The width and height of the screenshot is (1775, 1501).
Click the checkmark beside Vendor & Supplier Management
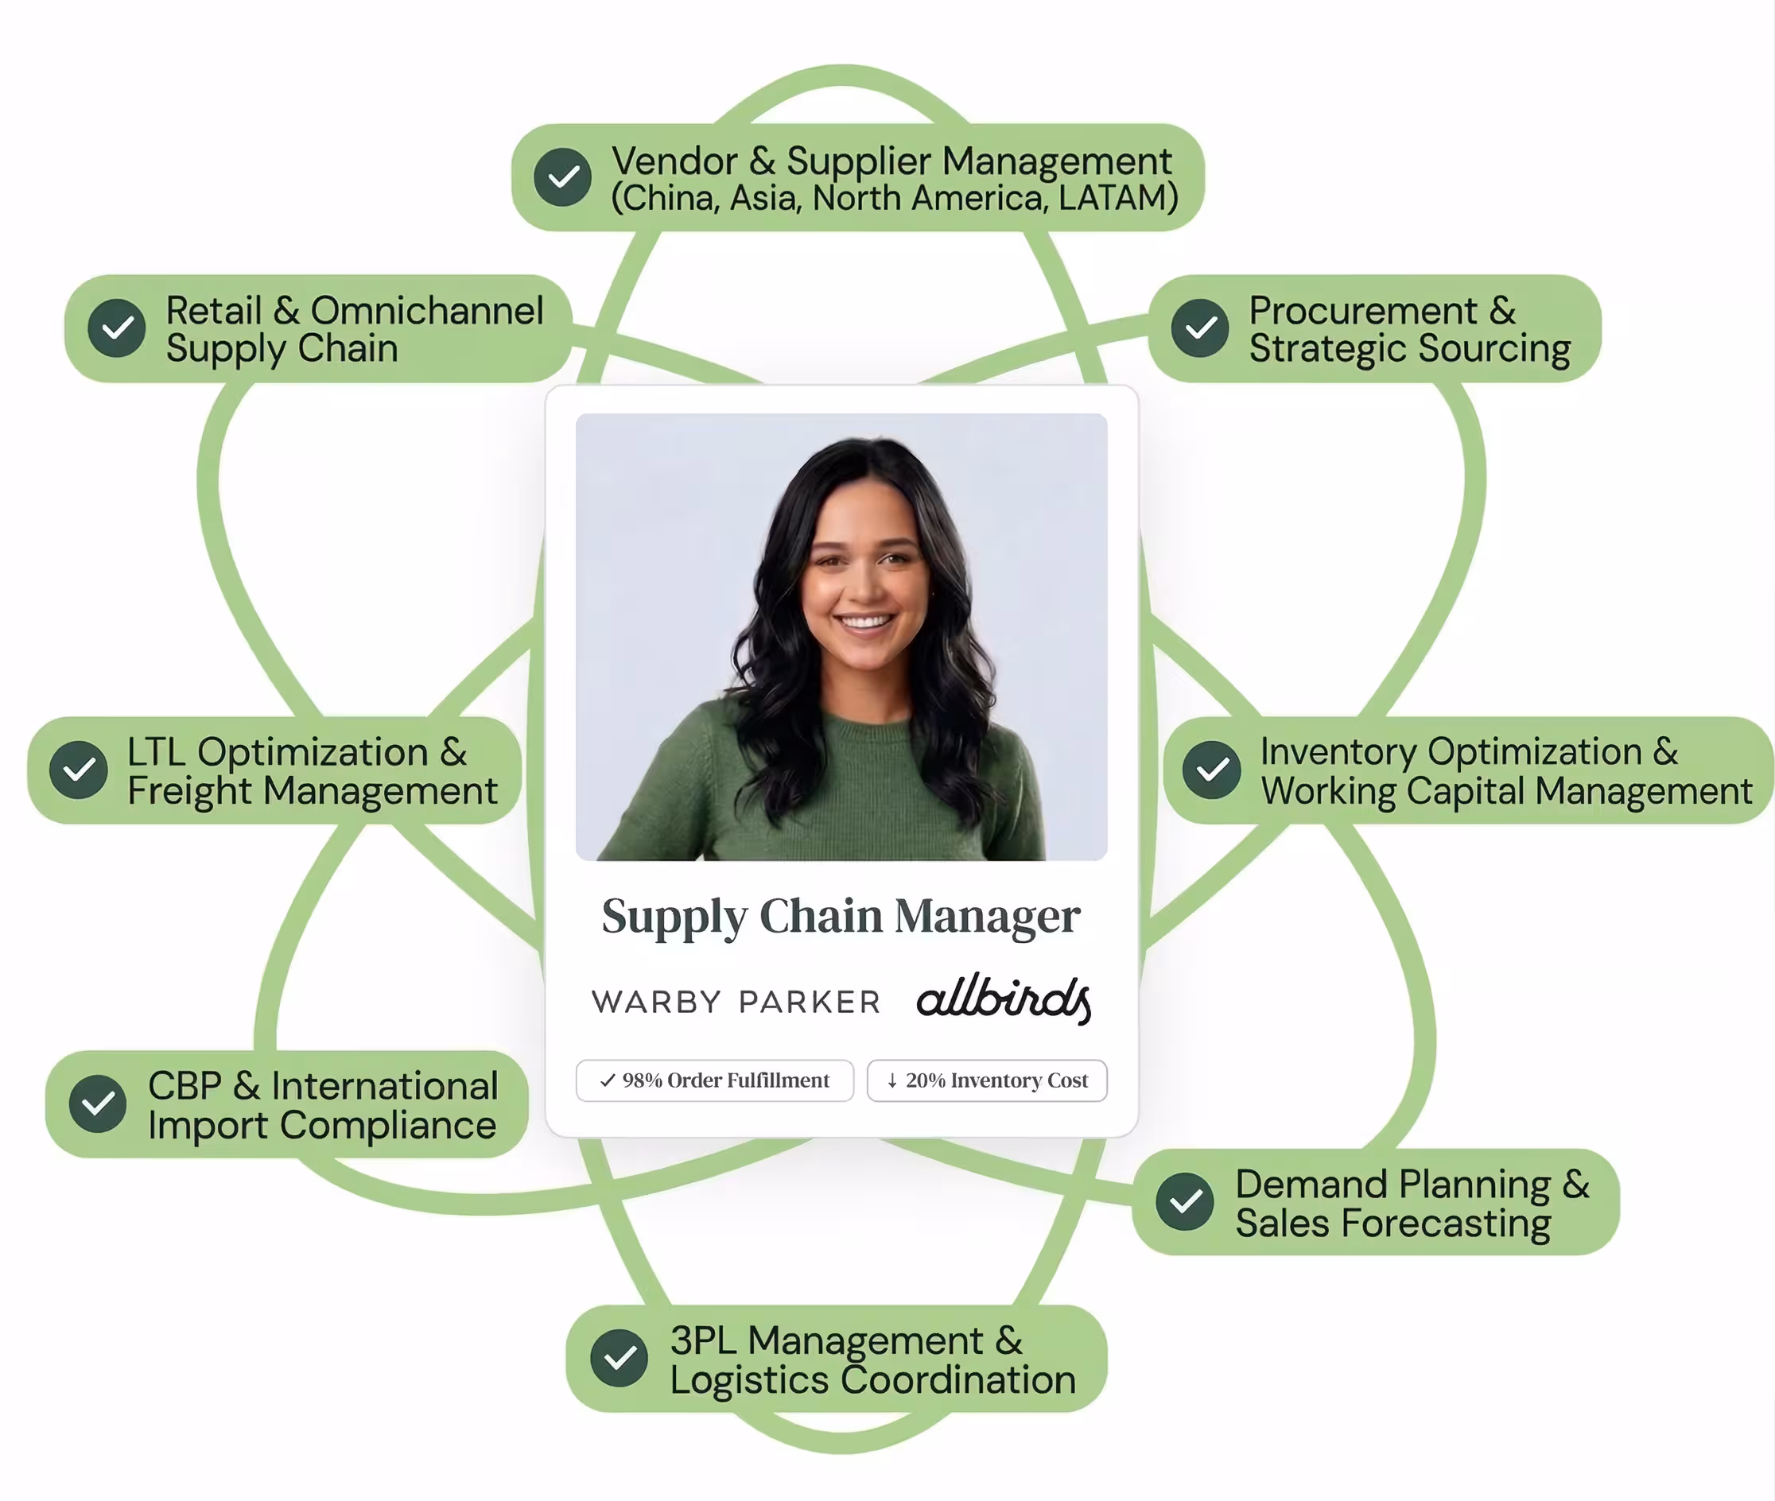coord(562,177)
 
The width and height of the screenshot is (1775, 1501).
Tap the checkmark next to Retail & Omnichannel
coord(117,328)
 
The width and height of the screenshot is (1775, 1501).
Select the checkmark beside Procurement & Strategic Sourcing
coord(1199,328)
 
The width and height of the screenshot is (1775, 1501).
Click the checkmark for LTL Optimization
coord(78,770)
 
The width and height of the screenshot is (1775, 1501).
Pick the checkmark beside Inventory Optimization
coord(1211,770)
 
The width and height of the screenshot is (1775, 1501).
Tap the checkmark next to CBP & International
coord(98,1103)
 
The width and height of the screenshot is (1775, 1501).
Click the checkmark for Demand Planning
coord(1184,1201)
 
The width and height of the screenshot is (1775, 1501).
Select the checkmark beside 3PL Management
coord(619,1357)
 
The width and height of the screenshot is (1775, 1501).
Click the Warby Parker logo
coord(736,1002)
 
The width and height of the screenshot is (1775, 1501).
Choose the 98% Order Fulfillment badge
coord(714,1080)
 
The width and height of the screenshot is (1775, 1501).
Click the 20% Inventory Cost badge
coord(987,1080)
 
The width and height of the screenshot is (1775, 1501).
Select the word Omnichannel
coord(426,311)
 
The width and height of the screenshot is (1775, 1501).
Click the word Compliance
coord(387,1125)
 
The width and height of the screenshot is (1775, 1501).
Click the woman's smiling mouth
coord(866,621)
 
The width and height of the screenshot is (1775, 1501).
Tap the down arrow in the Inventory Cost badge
coord(892,1080)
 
